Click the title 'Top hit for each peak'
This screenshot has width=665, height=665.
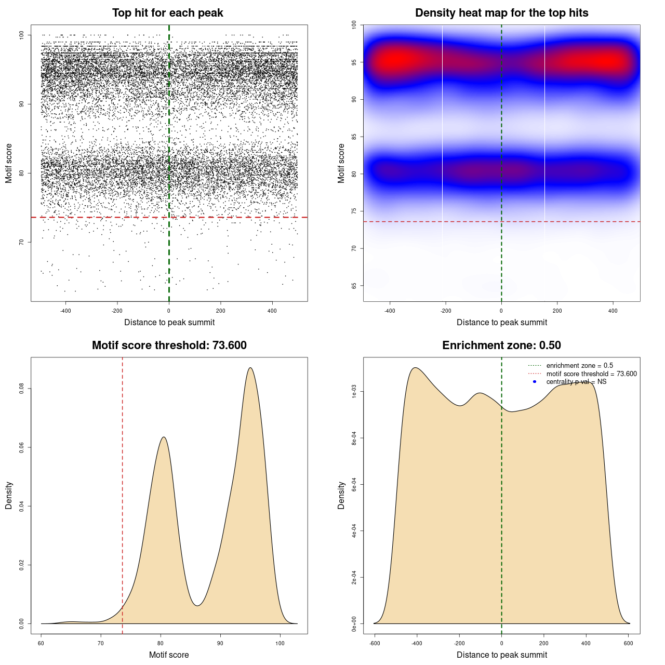pos(167,13)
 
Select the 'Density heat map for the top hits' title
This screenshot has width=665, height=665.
pos(501,13)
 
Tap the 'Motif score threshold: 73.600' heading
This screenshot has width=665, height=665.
pos(169,345)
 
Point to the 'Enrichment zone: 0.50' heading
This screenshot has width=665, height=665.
pos(501,345)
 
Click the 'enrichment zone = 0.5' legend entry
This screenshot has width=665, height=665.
pos(579,366)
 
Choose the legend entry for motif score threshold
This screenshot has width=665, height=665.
pos(591,374)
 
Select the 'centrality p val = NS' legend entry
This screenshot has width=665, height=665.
pos(576,382)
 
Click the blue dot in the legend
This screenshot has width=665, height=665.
pos(535,382)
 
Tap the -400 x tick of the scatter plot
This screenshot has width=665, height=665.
pos(65,311)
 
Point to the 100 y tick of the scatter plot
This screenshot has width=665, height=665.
pos(22,35)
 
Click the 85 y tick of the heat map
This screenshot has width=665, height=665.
pos(354,137)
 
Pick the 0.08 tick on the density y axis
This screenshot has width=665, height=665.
pos(22,389)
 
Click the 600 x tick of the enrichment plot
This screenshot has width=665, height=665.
pos(629,643)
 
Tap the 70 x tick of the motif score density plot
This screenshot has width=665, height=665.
pos(101,643)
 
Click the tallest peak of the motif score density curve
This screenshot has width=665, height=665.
pos(250,368)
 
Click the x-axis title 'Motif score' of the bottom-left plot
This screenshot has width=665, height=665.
pos(169,655)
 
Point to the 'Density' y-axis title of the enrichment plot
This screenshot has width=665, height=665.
pos(341,495)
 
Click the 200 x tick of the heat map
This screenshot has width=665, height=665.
pos(557,311)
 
